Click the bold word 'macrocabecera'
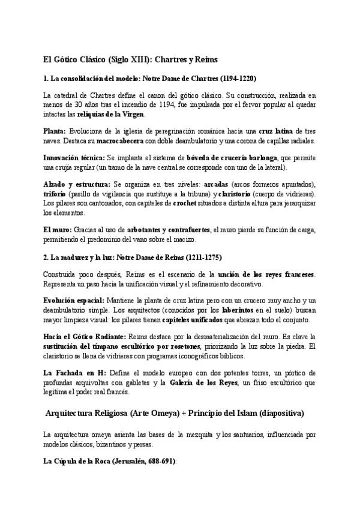click(119, 140)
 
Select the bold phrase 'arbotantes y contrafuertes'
click(168, 229)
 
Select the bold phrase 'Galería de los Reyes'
click(202, 382)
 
